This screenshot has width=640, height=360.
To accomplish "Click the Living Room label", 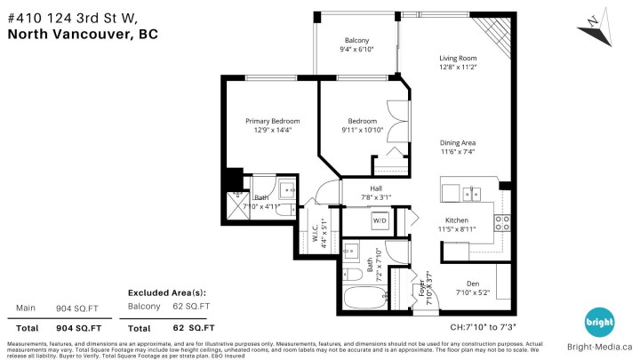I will tap(458, 59).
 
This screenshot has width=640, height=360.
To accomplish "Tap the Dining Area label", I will tap(458, 142).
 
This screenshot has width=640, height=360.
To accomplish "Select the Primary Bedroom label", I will tap(273, 121).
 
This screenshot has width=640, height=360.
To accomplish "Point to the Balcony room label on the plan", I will tap(356, 41).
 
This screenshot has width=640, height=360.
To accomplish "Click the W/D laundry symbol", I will tap(380, 220).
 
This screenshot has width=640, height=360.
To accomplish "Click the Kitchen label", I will tap(457, 220).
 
